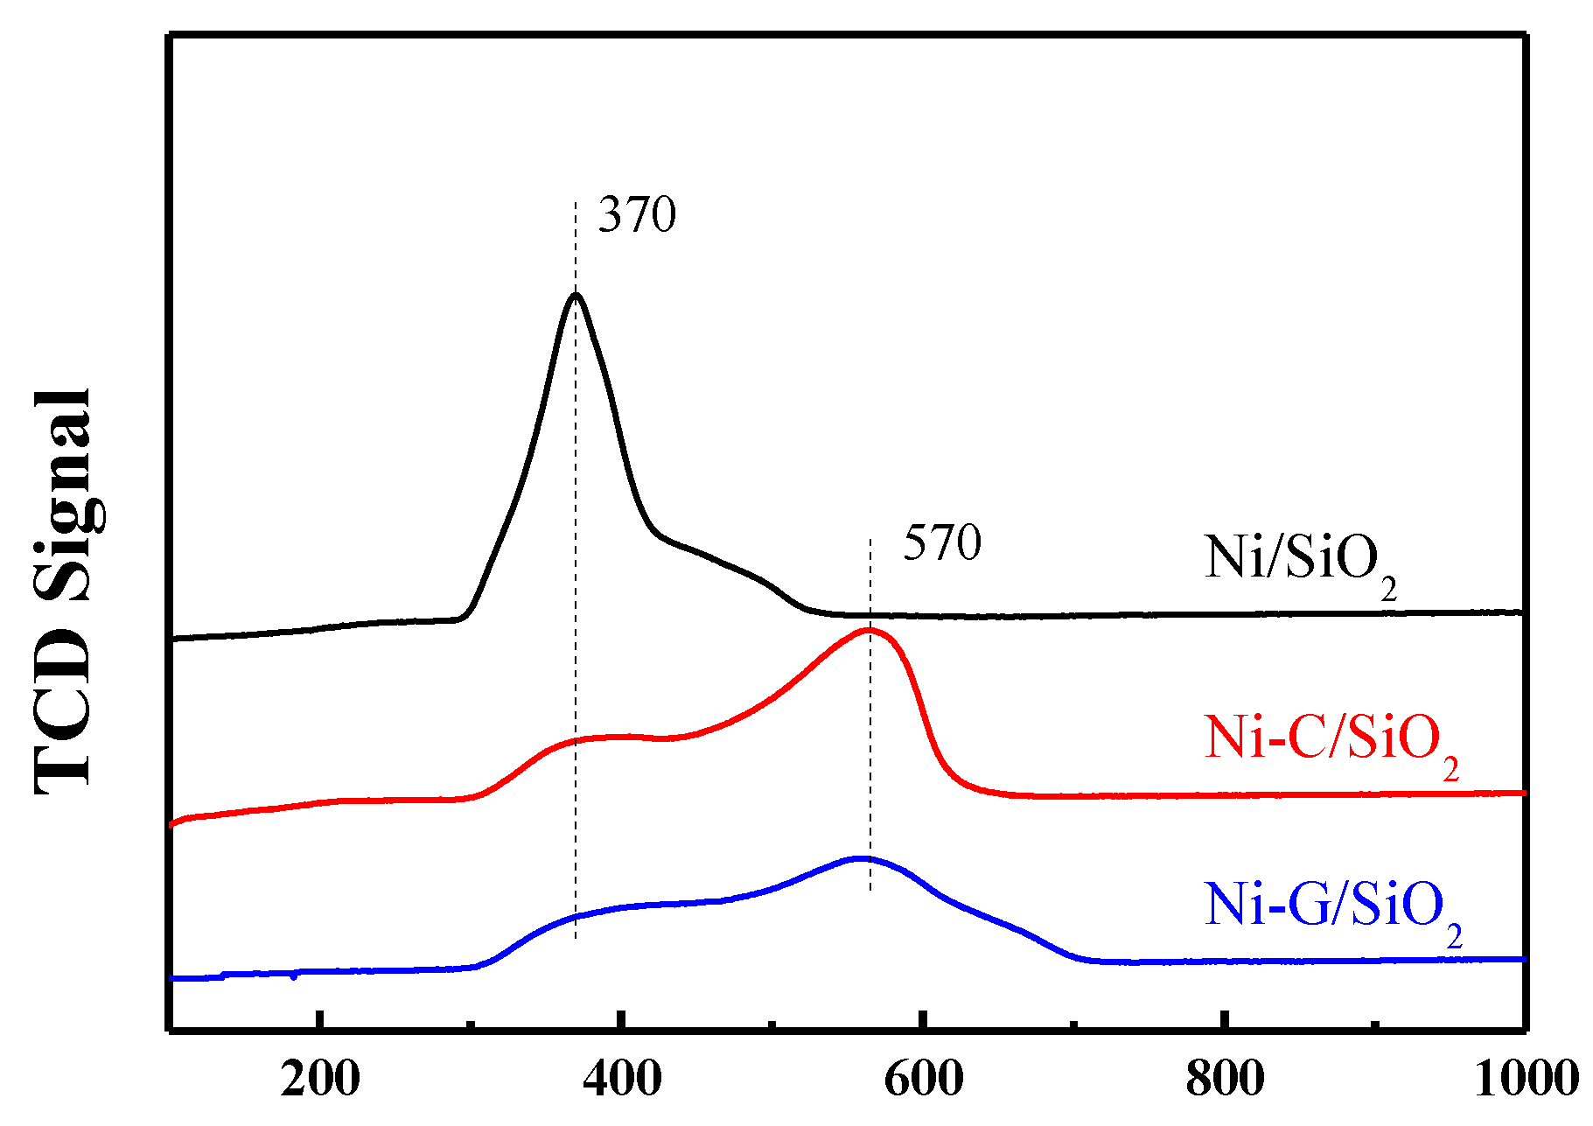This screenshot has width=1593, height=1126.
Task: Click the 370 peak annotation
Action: pyautogui.click(x=637, y=215)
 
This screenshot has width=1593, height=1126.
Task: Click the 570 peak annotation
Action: pyautogui.click(x=942, y=543)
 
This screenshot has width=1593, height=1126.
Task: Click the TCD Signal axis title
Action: pyautogui.click(x=63, y=591)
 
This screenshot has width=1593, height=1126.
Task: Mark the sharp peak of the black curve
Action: pyautogui.click(x=575, y=295)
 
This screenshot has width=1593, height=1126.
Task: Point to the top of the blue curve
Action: pyautogui.click(x=862, y=858)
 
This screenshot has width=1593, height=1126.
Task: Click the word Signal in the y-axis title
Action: pyautogui.click(x=63, y=494)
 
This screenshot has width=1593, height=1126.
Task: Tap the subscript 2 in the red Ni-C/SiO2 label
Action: pyautogui.click(x=1450, y=770)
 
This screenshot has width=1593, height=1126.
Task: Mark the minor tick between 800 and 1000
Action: pyautogui.click(x=1375, y=1024)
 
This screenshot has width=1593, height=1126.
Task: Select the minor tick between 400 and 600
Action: pyautogui.click(x=772, y=1024)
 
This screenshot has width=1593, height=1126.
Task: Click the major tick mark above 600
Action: pyautogui.click(x=924, y=1020)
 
